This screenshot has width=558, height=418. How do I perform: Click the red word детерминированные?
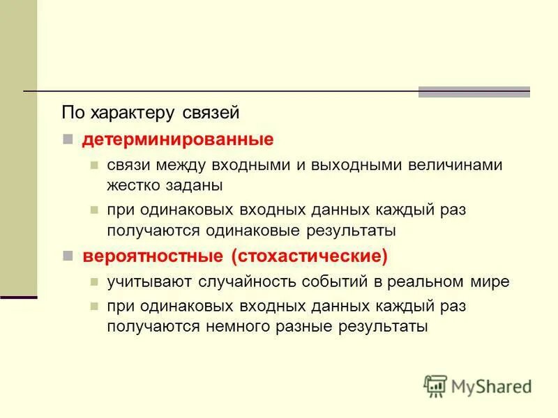[x=178, y=139]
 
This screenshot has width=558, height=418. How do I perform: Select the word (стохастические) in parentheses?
[x=310, y=256]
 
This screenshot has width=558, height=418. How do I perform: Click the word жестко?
[x=136, y=186]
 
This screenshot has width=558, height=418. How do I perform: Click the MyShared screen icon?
[x=435, y=386]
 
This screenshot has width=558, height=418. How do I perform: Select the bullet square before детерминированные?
[x=68, y=139]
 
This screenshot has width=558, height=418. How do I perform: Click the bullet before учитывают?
[x=93, y=283]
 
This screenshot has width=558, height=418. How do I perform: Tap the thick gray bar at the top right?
[x=474, y=91]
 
